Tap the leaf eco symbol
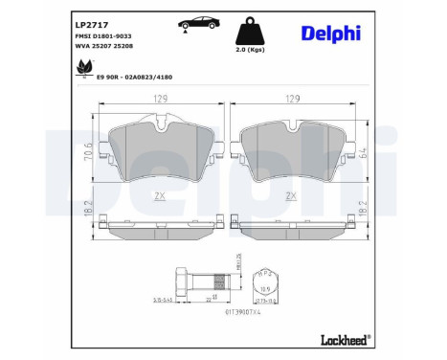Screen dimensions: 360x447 click(x=82, y=68)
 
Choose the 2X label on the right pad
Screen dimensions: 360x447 click(x=291, y=195)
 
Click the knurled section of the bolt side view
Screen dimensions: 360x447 click(x=216, y=283)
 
